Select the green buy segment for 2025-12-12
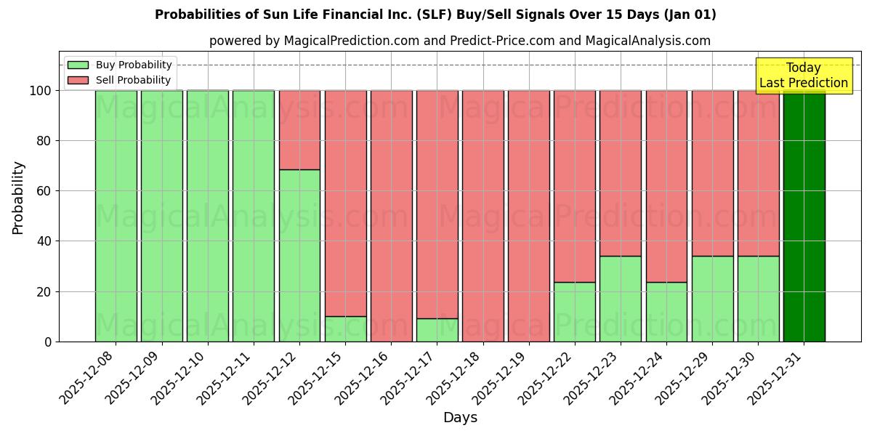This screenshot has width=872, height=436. click(299, 255)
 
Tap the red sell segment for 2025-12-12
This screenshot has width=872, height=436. click(299, 130)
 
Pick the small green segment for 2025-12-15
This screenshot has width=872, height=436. click(345, 328)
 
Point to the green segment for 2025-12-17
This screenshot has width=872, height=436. click(437, 330)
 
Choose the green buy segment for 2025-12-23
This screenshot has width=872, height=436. click(621, 299)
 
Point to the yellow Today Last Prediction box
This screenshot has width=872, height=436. click(804, 76)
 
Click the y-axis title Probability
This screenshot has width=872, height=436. click(18, 197)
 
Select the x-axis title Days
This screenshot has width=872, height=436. click(460, 418)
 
